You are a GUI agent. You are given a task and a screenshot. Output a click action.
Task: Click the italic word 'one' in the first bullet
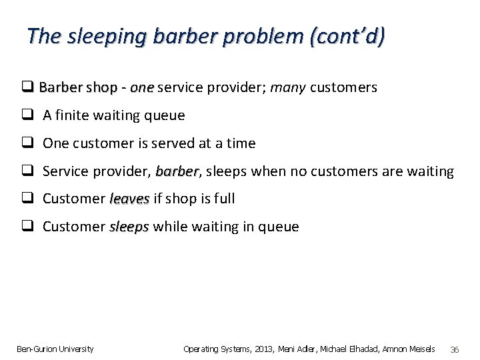(x=142, y=87)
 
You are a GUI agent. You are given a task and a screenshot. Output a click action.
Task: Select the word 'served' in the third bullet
(x=169, y=143)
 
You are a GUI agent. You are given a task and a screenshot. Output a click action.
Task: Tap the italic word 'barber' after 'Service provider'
(x=177, y=171)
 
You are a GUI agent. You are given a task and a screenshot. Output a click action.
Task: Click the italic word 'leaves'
(x=129, y=199)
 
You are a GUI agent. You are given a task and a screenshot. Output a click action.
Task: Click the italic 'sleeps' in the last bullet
(x=129, y=227)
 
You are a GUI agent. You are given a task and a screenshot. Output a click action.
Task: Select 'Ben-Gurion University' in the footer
(x=55, y=349)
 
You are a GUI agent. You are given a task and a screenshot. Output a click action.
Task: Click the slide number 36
(x=455, y=349)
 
